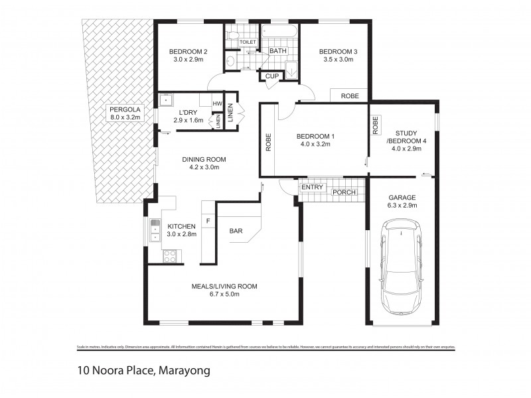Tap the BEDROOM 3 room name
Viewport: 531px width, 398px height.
click(x=339, y=52)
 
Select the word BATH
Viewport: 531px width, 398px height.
click(x=277, y=51)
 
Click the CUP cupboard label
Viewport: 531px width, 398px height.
click(x=272, y=76)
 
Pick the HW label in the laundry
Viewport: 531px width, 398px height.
click(x=217, y=104)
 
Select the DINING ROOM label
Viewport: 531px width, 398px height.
click(x=204, y=159)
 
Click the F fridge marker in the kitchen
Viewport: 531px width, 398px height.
click(x=208, y=220)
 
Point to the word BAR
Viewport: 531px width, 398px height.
click(x=236, y=232)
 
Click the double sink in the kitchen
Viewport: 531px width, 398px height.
click(x=155, y=231)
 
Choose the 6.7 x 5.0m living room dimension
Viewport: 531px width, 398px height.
click(x=224, y=295)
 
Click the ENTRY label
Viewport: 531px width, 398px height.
click(x=312, y=188)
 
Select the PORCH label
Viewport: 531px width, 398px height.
click(x=344, y=193)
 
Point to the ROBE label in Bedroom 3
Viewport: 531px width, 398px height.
click(x=350, y=96)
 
